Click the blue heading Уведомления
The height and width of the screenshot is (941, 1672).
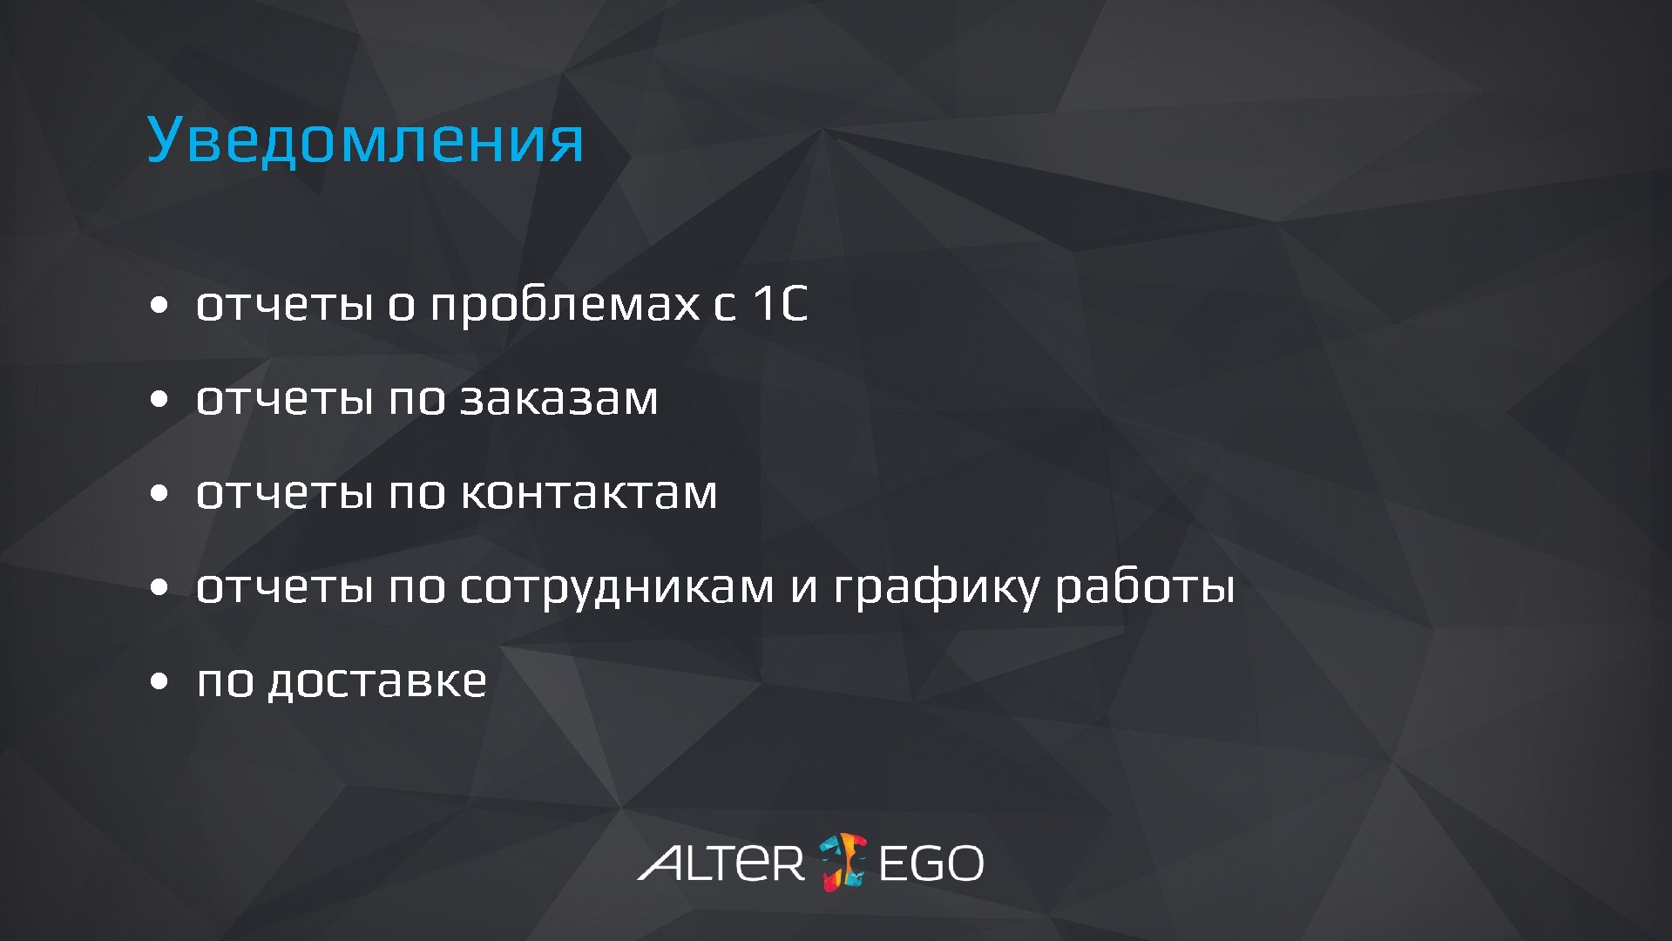click(x=365, y=139)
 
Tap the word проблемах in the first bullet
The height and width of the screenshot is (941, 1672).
click(x=565, y=305)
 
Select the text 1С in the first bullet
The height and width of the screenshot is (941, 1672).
click(x=780, y=304)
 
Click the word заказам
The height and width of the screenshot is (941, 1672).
click(x=558, y=399)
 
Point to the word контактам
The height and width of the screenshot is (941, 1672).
click(x=588, y=493)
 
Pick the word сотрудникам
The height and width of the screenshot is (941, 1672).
click(x=616, y=587)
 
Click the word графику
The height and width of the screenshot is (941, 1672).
click(x=937, y=587)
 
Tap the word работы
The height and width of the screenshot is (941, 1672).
click(x=1145, y=587)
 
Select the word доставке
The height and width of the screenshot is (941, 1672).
click(x=376, y=681)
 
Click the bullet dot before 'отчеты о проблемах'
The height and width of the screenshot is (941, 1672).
click(x=158, y=306)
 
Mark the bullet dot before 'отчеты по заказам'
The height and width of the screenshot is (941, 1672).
click(x=158, y=400)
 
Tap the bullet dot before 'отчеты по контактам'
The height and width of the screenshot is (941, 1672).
click(x=158, y=494)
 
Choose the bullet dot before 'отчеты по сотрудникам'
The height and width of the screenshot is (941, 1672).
click(x=158, y=588)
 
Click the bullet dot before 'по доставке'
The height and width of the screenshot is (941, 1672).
click(x=158, y=682)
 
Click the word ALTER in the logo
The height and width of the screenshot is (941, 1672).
click(x=721, y=863)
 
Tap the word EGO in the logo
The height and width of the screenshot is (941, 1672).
click(x=931, y=863)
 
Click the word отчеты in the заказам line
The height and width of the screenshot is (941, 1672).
click(x=284, y=399)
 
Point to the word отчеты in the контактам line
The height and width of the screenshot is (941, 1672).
click(x=284, y=493)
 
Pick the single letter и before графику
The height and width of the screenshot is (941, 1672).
click(x=803, y=587)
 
